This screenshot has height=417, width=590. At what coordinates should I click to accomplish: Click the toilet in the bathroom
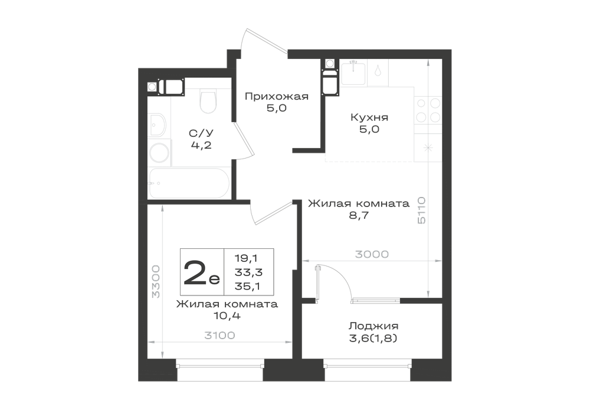[208, 101]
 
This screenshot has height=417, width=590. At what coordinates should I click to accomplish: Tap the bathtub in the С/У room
[189, 183]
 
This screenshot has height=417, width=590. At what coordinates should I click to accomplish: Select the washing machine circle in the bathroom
[159, 153]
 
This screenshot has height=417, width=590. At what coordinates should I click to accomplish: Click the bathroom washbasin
[158, 125]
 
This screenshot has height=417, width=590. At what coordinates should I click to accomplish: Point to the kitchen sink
[353, 73]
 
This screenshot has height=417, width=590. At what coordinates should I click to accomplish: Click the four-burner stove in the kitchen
[428, 110]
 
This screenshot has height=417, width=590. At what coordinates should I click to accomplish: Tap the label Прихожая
[277, 97]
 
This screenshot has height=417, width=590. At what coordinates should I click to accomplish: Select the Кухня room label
[369, 117]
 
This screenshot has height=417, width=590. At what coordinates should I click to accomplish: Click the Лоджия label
[373, 326]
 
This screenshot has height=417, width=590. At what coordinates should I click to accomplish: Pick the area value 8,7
[359, 215]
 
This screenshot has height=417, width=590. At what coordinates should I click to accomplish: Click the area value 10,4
[227, 316]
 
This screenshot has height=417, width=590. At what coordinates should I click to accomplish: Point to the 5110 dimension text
[421, 210]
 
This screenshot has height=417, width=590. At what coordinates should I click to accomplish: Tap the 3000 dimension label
[372, 255]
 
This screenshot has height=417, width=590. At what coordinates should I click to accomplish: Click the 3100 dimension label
[219, 335]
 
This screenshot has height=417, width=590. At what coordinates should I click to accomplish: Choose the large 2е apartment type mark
[201, 272]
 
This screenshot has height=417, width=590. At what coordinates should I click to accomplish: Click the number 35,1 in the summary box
[248, 287]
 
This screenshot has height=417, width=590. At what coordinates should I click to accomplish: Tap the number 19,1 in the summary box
[247, 258]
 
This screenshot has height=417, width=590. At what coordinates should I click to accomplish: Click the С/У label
[201, 133]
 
